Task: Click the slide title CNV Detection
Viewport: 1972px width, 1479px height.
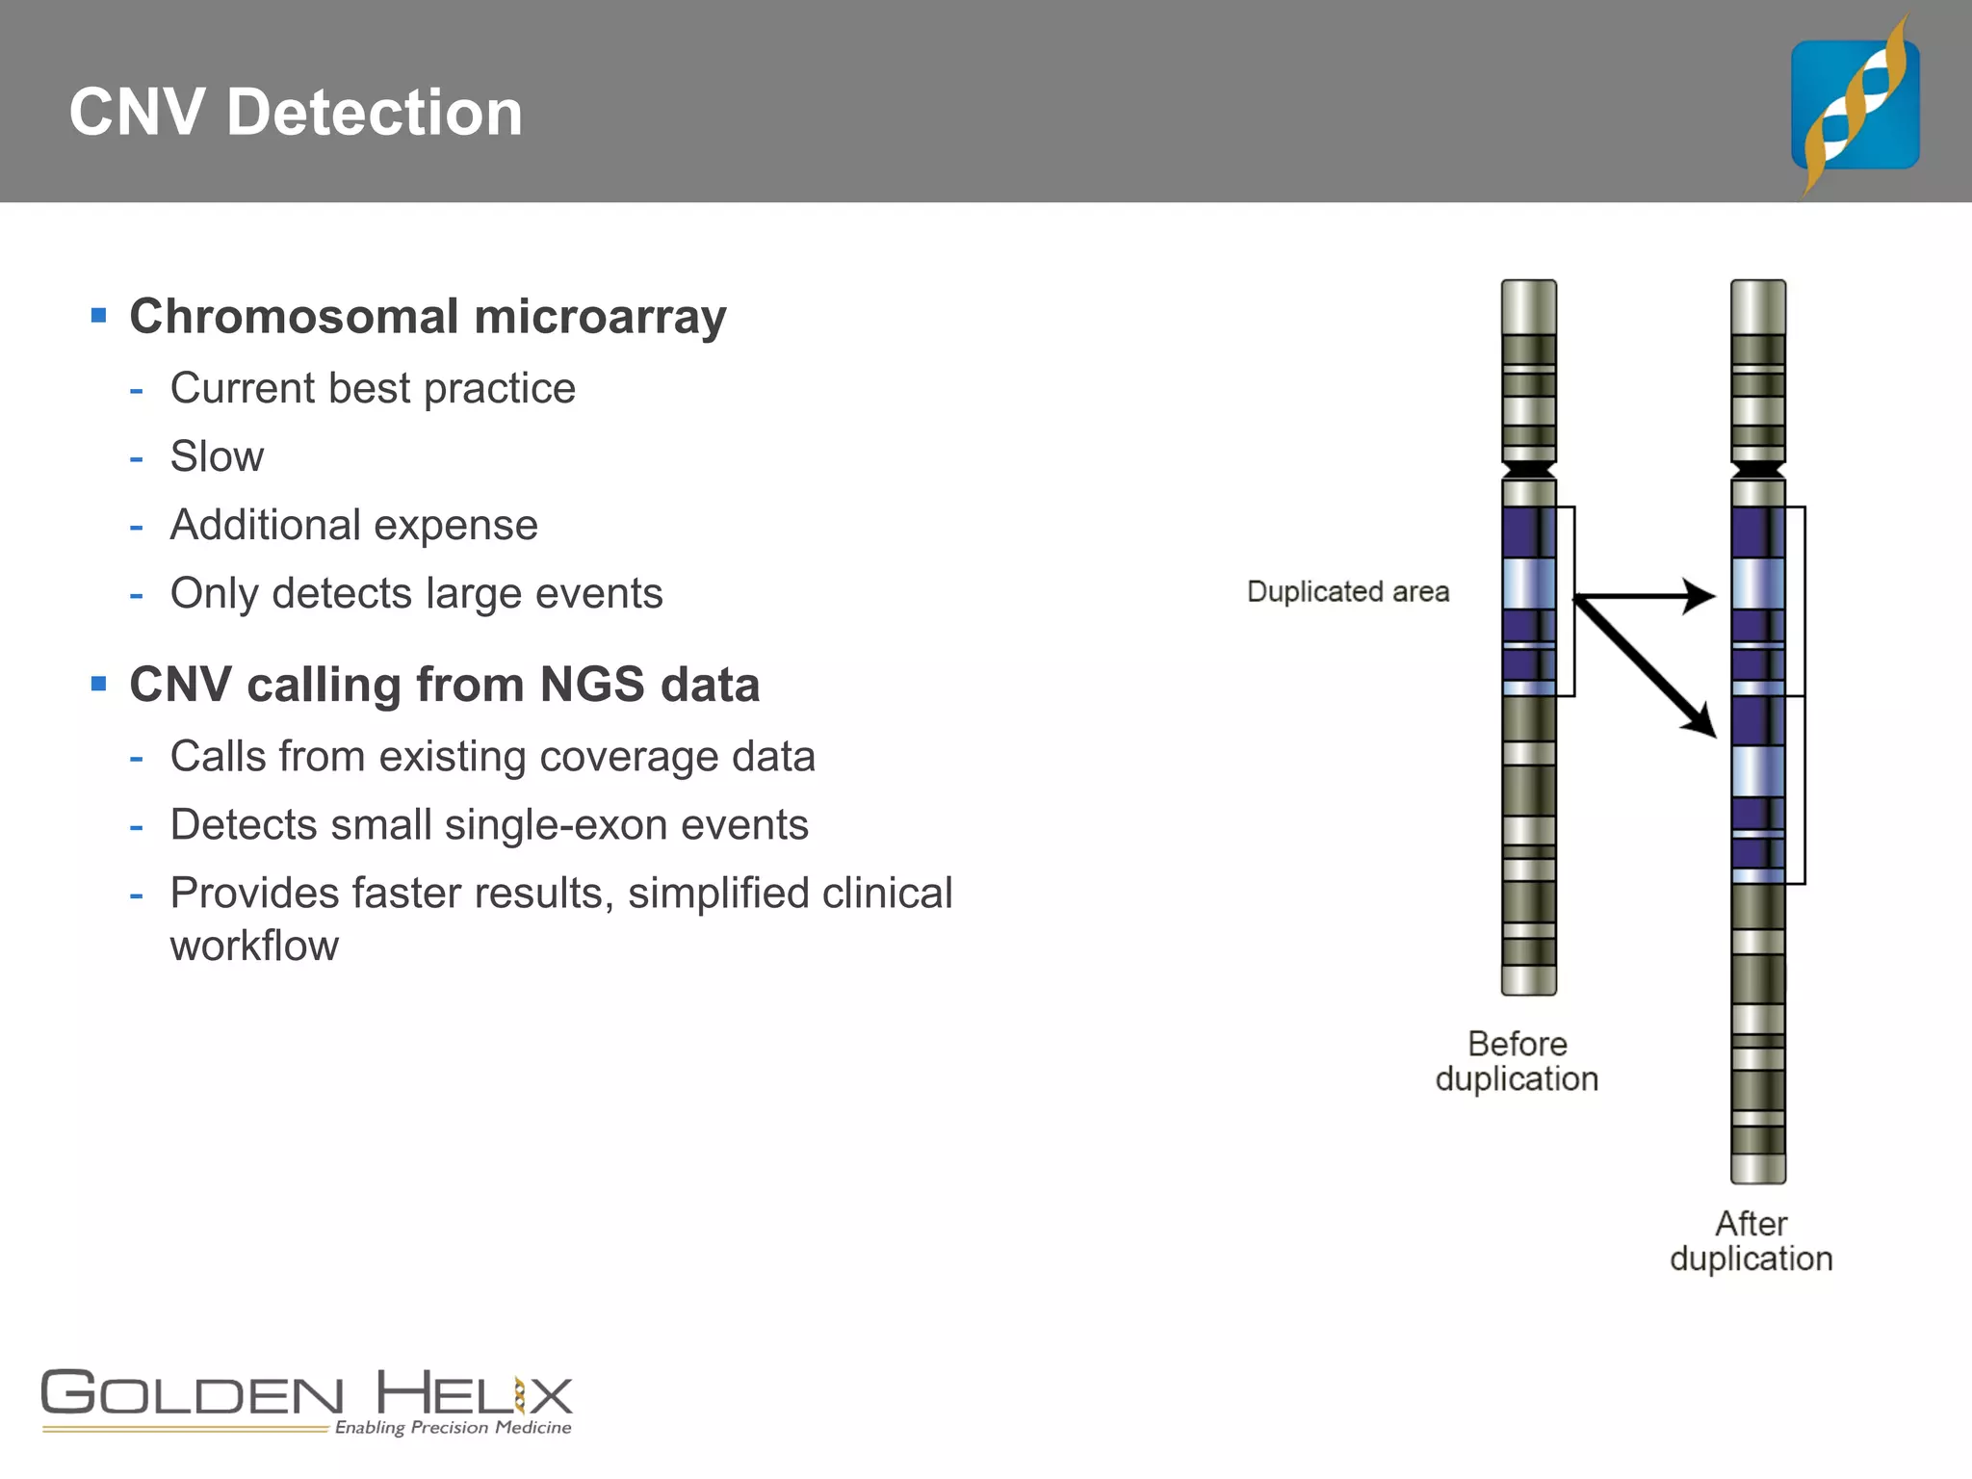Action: pyautogui.click(x=296, y=112)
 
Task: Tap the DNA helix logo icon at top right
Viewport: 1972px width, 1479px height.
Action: pyautogui.click(x=1855, y=104)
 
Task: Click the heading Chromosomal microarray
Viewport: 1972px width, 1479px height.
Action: pyautogui.click(x=428, y=317)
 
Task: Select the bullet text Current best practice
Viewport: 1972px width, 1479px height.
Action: pyautogui.click(x=373, y=389)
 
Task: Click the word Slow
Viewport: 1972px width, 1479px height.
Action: pyautogui.click(x=217, y=456)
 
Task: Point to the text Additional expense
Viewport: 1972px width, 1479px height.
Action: pyautogui.click(x=353, y=526)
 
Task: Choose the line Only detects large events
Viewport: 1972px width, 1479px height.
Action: pyautogui.click(x=416, y=594)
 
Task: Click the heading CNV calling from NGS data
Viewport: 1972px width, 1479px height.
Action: pyautogui.click(x=444, y=685)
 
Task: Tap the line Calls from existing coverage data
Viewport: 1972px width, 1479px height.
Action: pyautogui.click(x=492, y=757)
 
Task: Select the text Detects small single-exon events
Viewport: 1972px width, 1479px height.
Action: pyautogui.click(x=489, y=825)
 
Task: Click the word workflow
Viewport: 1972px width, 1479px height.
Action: pyautogui.click(x=254, y=947)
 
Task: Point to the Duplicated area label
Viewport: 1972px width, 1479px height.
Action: pyautogui.click(x=1347, y=591)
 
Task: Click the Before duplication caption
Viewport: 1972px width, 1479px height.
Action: pyautogui.click(x=1517, y=1061)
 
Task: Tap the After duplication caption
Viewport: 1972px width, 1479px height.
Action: pyautogui.click(x=1751, y=1241)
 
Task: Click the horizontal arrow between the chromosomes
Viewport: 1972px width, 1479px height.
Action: pyautogui.click(x=1647, y=596)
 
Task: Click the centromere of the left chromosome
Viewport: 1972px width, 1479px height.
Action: pyautogui.click(x=1529, y=470)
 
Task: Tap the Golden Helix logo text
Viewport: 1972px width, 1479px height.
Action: pyautogui.click(x=306, y=1394)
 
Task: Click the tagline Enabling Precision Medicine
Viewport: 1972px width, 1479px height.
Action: pyautogui.click(x=453, y=1427)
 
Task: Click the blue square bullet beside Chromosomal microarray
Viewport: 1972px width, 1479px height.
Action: pyautogui.click(x=98, y=315)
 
